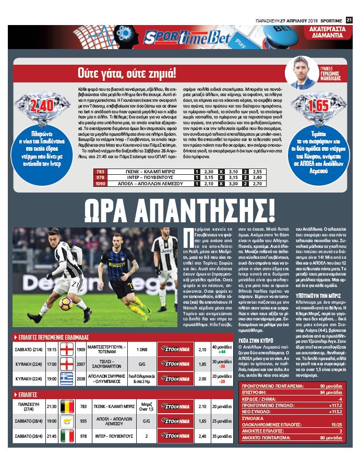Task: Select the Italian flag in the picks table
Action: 67,435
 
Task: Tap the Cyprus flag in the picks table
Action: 67,420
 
